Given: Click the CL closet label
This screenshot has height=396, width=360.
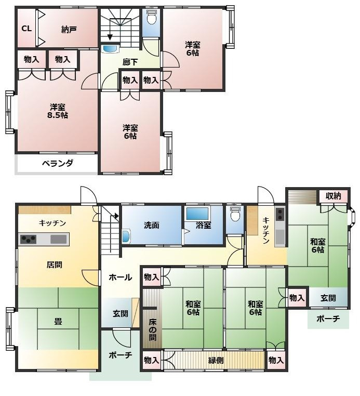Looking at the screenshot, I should (x=26, y=29).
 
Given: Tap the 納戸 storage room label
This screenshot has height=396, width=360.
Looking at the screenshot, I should (x=69, y=30).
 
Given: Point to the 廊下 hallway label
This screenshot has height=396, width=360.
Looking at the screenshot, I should (x=130, y=62).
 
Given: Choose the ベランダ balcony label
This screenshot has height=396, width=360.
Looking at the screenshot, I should (x=57, y=163).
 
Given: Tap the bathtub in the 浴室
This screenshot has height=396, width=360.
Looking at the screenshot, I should (x=197, y=214).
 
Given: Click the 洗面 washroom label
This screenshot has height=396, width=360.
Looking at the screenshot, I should (x=151, y=226).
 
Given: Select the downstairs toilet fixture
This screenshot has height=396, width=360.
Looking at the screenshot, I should (x=235, y=214).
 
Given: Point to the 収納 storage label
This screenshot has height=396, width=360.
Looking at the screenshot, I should (x=334, y=196).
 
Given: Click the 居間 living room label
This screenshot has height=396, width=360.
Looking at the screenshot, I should (x=54, y=265).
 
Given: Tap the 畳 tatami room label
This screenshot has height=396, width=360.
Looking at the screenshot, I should (x=58, y=322).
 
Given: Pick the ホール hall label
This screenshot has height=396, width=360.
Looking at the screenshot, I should (x=120, y=278).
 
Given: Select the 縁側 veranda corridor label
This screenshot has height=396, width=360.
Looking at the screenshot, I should (x=216, y=360).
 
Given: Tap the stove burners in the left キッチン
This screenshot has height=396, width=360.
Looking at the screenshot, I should (x=28, y=239).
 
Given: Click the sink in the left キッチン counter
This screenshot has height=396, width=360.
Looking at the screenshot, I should (x=59, y=239).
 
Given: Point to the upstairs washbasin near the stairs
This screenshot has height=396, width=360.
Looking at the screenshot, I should (x=110, y=49).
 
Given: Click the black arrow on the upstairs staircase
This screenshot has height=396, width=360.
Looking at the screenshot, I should (x=110, y=36).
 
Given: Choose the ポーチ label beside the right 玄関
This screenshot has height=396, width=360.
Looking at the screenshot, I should (x=328, y=319).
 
